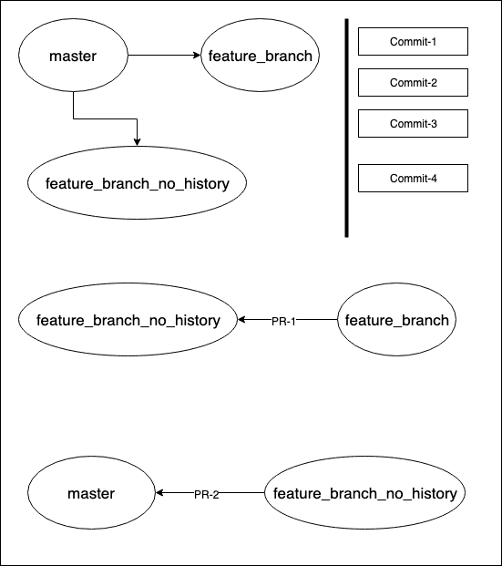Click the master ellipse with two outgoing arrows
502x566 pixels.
73,56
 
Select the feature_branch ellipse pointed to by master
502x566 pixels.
260,56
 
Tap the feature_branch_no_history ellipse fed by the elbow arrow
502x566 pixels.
138,184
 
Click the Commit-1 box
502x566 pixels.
413,41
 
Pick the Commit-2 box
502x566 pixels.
413,82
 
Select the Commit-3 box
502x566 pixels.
413,123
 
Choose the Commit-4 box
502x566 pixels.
413,178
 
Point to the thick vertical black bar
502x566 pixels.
347,128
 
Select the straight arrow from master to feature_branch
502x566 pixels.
164,56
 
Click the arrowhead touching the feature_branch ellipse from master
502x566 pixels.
198,56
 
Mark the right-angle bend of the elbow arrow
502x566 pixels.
137,118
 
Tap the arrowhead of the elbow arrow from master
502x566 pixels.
137,142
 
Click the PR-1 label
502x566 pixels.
284,321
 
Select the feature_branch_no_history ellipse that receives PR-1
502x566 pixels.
128,320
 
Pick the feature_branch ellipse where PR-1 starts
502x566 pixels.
396,320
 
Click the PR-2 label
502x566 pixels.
206,494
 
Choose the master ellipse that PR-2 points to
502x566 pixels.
91,493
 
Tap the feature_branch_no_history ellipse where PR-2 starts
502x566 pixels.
364,493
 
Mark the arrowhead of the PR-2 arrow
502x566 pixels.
159,493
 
